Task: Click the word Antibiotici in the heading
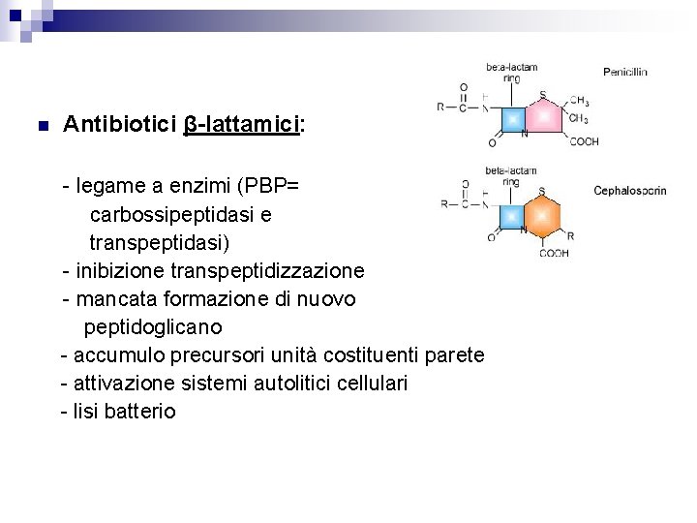(119, 125)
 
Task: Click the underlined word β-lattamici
(241, 125)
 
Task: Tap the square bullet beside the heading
(40, 126)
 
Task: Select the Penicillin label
(624, 72)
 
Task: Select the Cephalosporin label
(630, 191)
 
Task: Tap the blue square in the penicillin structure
(512, 119)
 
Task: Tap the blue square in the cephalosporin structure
(511, 214)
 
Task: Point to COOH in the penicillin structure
(584, 142)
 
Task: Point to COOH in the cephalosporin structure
(554, 254)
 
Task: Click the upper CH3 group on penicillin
(579, 100)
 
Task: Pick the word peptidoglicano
(153, 326)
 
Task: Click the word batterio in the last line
(140, 412)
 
